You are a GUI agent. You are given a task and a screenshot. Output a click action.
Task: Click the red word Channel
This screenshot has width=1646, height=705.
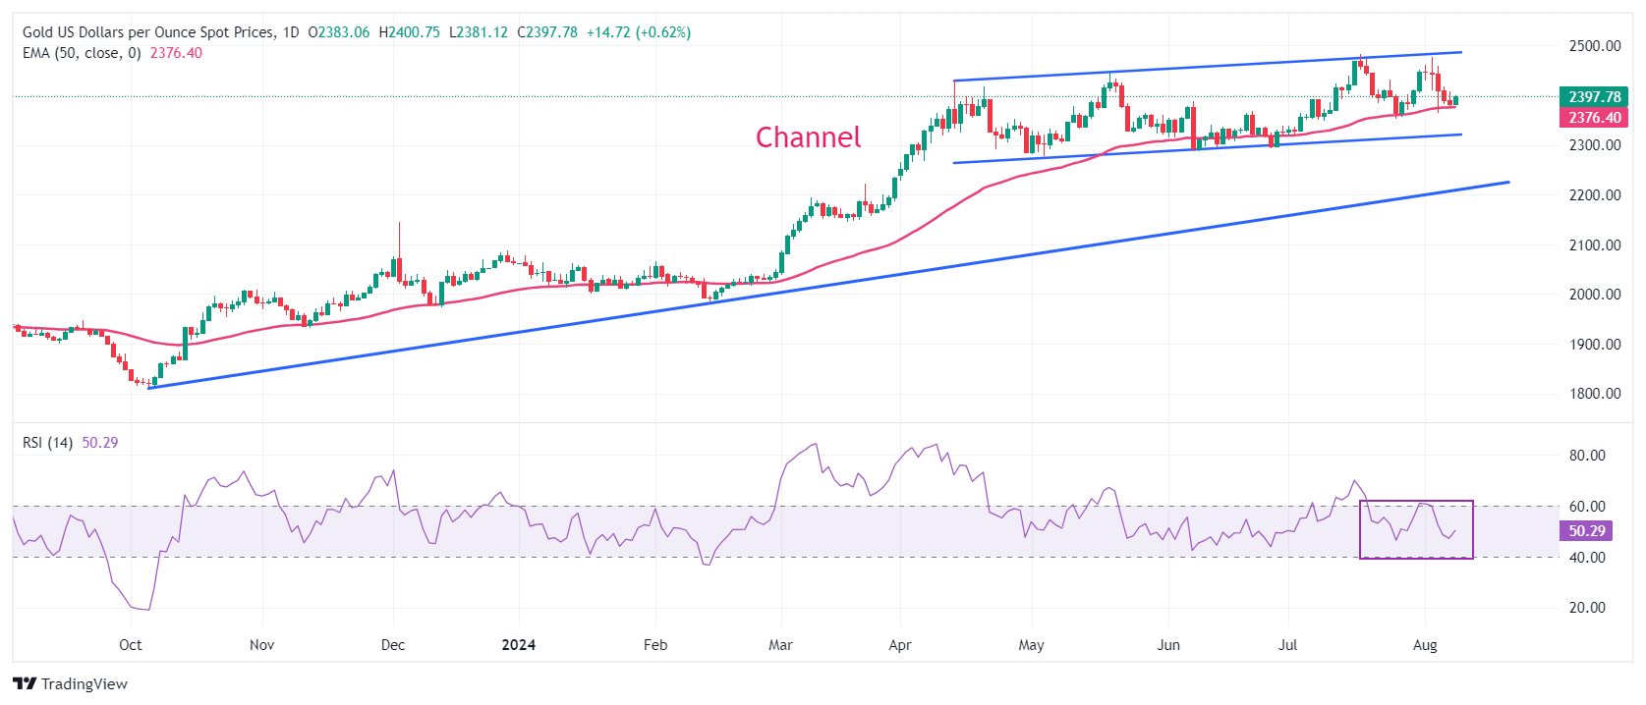[808, 137]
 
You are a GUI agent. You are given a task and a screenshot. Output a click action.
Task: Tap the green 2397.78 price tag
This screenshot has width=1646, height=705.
[1593, 96]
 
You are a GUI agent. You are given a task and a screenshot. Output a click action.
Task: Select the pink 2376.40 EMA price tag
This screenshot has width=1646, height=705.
[1593, 118]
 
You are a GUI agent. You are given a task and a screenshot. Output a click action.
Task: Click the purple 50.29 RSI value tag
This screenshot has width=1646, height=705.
[1586, 531]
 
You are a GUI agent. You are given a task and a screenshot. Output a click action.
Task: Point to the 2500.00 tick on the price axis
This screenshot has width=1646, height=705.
[1594, 46]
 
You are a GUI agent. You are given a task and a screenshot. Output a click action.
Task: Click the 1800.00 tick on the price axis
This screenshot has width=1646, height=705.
[1594, 394]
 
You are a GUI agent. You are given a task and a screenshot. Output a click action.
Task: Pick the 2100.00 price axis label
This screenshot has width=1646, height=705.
[1594, 245]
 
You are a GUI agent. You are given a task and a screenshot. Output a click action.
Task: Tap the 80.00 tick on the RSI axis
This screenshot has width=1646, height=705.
[1587, 456]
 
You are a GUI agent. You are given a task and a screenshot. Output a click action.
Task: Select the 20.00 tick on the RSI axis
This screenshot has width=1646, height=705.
[1587, 608]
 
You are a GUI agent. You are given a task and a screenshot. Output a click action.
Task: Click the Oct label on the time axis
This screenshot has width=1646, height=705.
[130, 645]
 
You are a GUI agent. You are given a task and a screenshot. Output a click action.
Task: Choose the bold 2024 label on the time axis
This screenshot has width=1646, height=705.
[518, 645]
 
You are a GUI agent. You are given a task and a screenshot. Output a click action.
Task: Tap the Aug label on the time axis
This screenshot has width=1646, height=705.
[1424, 645]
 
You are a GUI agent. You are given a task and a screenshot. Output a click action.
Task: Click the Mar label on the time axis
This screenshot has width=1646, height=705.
[780, 645]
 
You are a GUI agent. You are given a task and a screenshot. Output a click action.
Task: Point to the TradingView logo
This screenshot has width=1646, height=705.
[70, 683]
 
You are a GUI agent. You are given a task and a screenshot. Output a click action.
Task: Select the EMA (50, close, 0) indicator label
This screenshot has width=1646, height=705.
[82, 53]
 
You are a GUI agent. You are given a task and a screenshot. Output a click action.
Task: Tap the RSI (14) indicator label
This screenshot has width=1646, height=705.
[47, 443]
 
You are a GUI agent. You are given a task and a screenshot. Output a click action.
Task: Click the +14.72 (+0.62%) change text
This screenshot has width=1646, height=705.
[638, 32]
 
